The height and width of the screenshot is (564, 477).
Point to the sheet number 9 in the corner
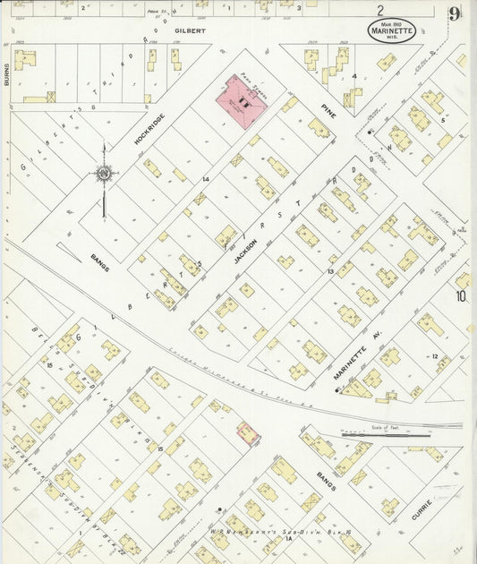click(x=456, y=13)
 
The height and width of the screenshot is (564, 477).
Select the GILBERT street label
click(x=190, y=30)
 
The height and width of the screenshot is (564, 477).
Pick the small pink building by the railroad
click(x=247, y=434)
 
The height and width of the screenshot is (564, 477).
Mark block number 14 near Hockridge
click(x=206, y=181)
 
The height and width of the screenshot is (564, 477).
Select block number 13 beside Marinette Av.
click(x=330, y=269)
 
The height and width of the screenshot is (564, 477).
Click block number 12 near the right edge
click(x=435, y=356)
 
